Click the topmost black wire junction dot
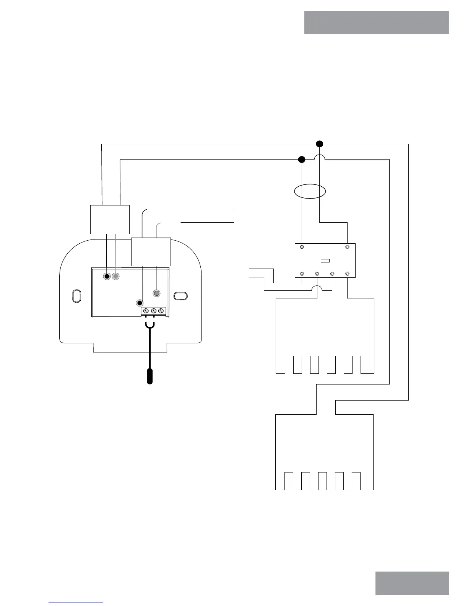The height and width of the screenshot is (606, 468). [320, 144]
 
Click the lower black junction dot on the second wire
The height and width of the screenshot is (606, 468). [302, 159]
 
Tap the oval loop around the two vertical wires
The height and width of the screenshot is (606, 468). [310, 191]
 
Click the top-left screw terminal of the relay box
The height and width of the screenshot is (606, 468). [302, 247]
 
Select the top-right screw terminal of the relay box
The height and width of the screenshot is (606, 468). [347, 247]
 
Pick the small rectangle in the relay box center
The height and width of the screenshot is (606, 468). [325, 261]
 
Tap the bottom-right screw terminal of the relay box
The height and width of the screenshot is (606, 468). [347, 274]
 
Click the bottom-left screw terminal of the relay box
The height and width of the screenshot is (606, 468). [302, 274]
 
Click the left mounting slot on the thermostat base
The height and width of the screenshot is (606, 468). [76, 296]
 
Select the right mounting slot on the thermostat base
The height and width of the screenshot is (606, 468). [180, 296]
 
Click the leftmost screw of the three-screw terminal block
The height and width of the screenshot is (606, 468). [146, 311]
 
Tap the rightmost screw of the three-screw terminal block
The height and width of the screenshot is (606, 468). [161, 311]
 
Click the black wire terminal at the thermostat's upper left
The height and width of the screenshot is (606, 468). [107, 276]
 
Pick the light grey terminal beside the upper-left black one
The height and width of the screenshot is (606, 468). [115, 276]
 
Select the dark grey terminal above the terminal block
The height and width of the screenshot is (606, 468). [156, 293]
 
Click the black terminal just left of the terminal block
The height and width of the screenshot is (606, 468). [140, 303]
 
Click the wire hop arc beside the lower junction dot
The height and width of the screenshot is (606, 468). [320, 157]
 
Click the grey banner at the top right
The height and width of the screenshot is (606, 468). [377, 22]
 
